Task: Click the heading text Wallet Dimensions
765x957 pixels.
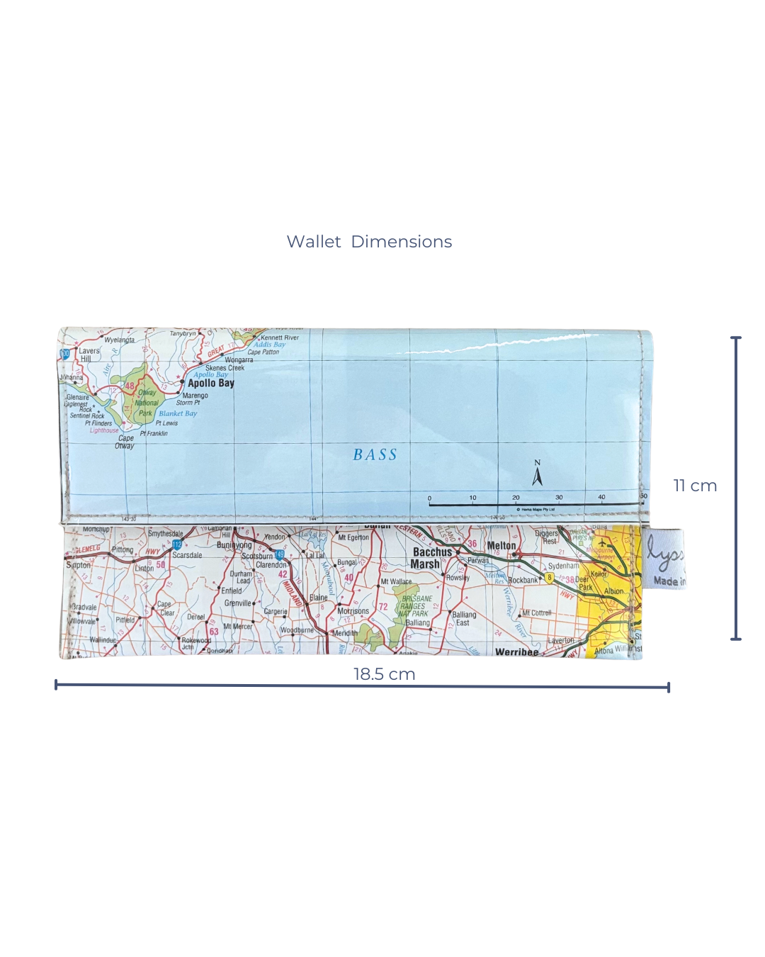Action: [x=369, y=242]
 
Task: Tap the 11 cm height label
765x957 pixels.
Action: [x=695, y=486]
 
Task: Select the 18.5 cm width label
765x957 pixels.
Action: [x=384, y=674]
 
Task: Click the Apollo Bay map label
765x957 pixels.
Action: [x=210, y=383]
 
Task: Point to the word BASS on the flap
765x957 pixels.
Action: [x=375, y=455]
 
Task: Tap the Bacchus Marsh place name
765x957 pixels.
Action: [x=431, y=558]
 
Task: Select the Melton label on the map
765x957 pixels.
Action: [x=501, y=545]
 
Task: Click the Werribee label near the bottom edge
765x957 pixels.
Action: [x=516, y=651]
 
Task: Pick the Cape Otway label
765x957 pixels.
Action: [x=125, y=442]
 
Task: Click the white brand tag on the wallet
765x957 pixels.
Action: [x=664, y=558]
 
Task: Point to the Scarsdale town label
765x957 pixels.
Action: [x=187, y=555]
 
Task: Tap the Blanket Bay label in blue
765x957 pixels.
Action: [x=178, y=413]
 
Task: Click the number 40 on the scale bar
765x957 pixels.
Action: [x=601, y=497]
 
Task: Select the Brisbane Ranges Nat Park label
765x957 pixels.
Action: [x=416, y=606]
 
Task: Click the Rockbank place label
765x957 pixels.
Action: [x=523, y=580]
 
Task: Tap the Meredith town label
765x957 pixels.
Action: [x=345, y=633]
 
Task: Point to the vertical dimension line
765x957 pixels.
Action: [x=736, y=488]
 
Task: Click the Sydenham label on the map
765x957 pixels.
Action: [x=563, y=566]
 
